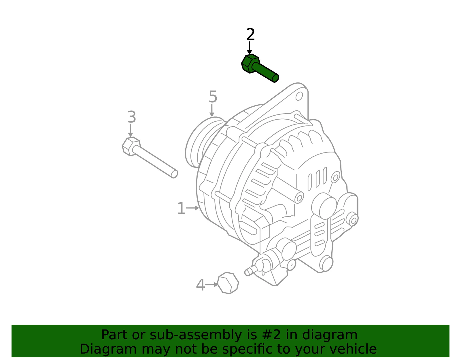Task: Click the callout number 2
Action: pos(250,34)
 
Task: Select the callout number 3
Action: pos(132,117)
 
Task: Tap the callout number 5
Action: pos(213,97)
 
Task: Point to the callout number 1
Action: pos(182,208)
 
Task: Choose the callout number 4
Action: pos(201,285)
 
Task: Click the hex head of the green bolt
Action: pos(250,64)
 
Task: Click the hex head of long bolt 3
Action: pos(131,147)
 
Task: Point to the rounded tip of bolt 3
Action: pos(174,174)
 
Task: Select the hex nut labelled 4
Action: pos(228,283)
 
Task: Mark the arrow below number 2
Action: pos(250,48)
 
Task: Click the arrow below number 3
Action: pos(131,131)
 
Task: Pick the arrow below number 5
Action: pos(212,110)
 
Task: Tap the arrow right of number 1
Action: pos(192,208)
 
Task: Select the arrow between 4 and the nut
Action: pos(211,284)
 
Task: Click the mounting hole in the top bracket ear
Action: pos(299,96)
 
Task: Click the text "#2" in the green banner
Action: pos(269,335)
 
